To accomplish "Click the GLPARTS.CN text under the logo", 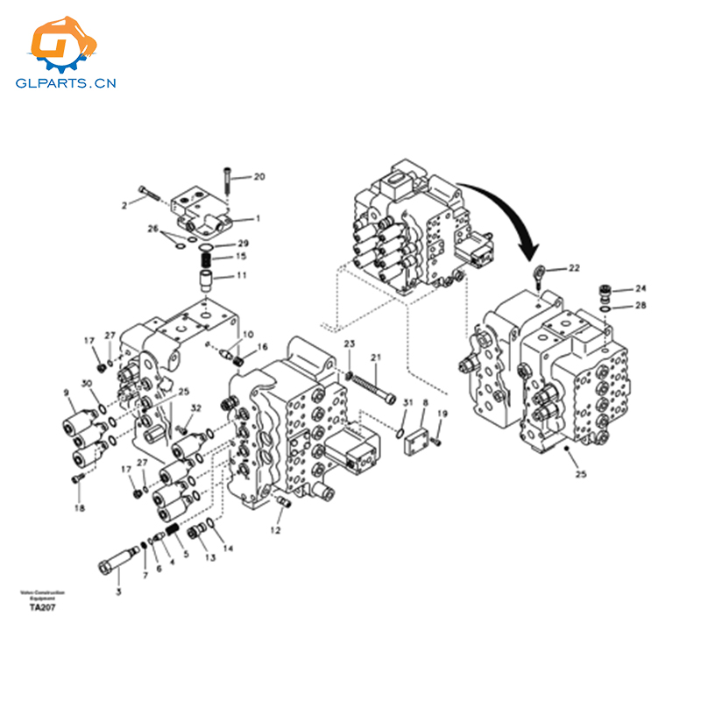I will [66, 84].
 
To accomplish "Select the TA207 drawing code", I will [42, 607].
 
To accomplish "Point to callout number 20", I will [258, 177].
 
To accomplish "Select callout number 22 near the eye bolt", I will [573, 268].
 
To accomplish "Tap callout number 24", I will [641, 288].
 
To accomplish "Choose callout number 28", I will [641, 306].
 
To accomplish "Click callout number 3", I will [119, 591].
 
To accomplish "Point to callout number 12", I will [276, 530].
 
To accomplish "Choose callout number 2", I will [124, 205].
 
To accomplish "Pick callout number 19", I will [443, 414].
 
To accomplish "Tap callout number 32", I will [196, 408].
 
